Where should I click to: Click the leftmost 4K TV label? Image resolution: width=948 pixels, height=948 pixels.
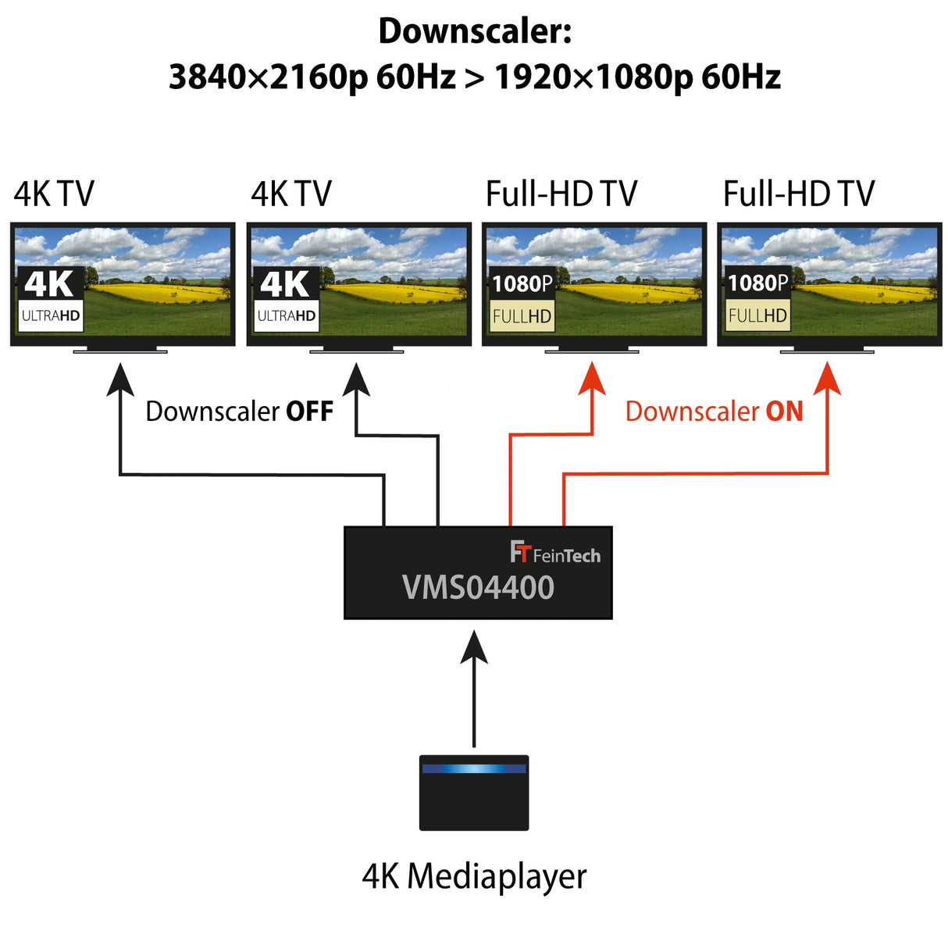tap(54, 194)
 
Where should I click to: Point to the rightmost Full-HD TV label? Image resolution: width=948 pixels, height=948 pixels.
tap(798, 194)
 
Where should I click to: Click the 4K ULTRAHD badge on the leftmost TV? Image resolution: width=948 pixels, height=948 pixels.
tap(51, 298)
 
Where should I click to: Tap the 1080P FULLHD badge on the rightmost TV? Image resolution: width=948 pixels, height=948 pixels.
tap(757, 298)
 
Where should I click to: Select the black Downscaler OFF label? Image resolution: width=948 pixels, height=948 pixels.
tap(239, 412)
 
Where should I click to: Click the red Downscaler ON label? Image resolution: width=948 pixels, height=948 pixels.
tap(714, 412)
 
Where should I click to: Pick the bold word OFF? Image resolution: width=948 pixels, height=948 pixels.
tap(309, 412)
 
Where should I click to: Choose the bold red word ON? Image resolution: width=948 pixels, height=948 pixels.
tap(784, 412)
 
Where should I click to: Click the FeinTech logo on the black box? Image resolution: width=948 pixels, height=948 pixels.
tap(555, 553)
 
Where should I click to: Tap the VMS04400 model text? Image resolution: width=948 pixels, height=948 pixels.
tap(478, 588)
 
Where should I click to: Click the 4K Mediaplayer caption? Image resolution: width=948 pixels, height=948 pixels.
tap(474, 876)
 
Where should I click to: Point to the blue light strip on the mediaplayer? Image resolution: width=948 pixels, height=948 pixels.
tap(474, 768)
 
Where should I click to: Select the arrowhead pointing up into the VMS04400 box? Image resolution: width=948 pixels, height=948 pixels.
tap(474, 648)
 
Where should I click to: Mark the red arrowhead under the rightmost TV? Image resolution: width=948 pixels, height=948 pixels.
tap(828, 379)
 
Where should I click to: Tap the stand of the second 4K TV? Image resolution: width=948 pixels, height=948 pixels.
tap(357, 349)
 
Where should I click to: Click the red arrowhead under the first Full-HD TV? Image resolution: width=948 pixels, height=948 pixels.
tap(593, 379)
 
